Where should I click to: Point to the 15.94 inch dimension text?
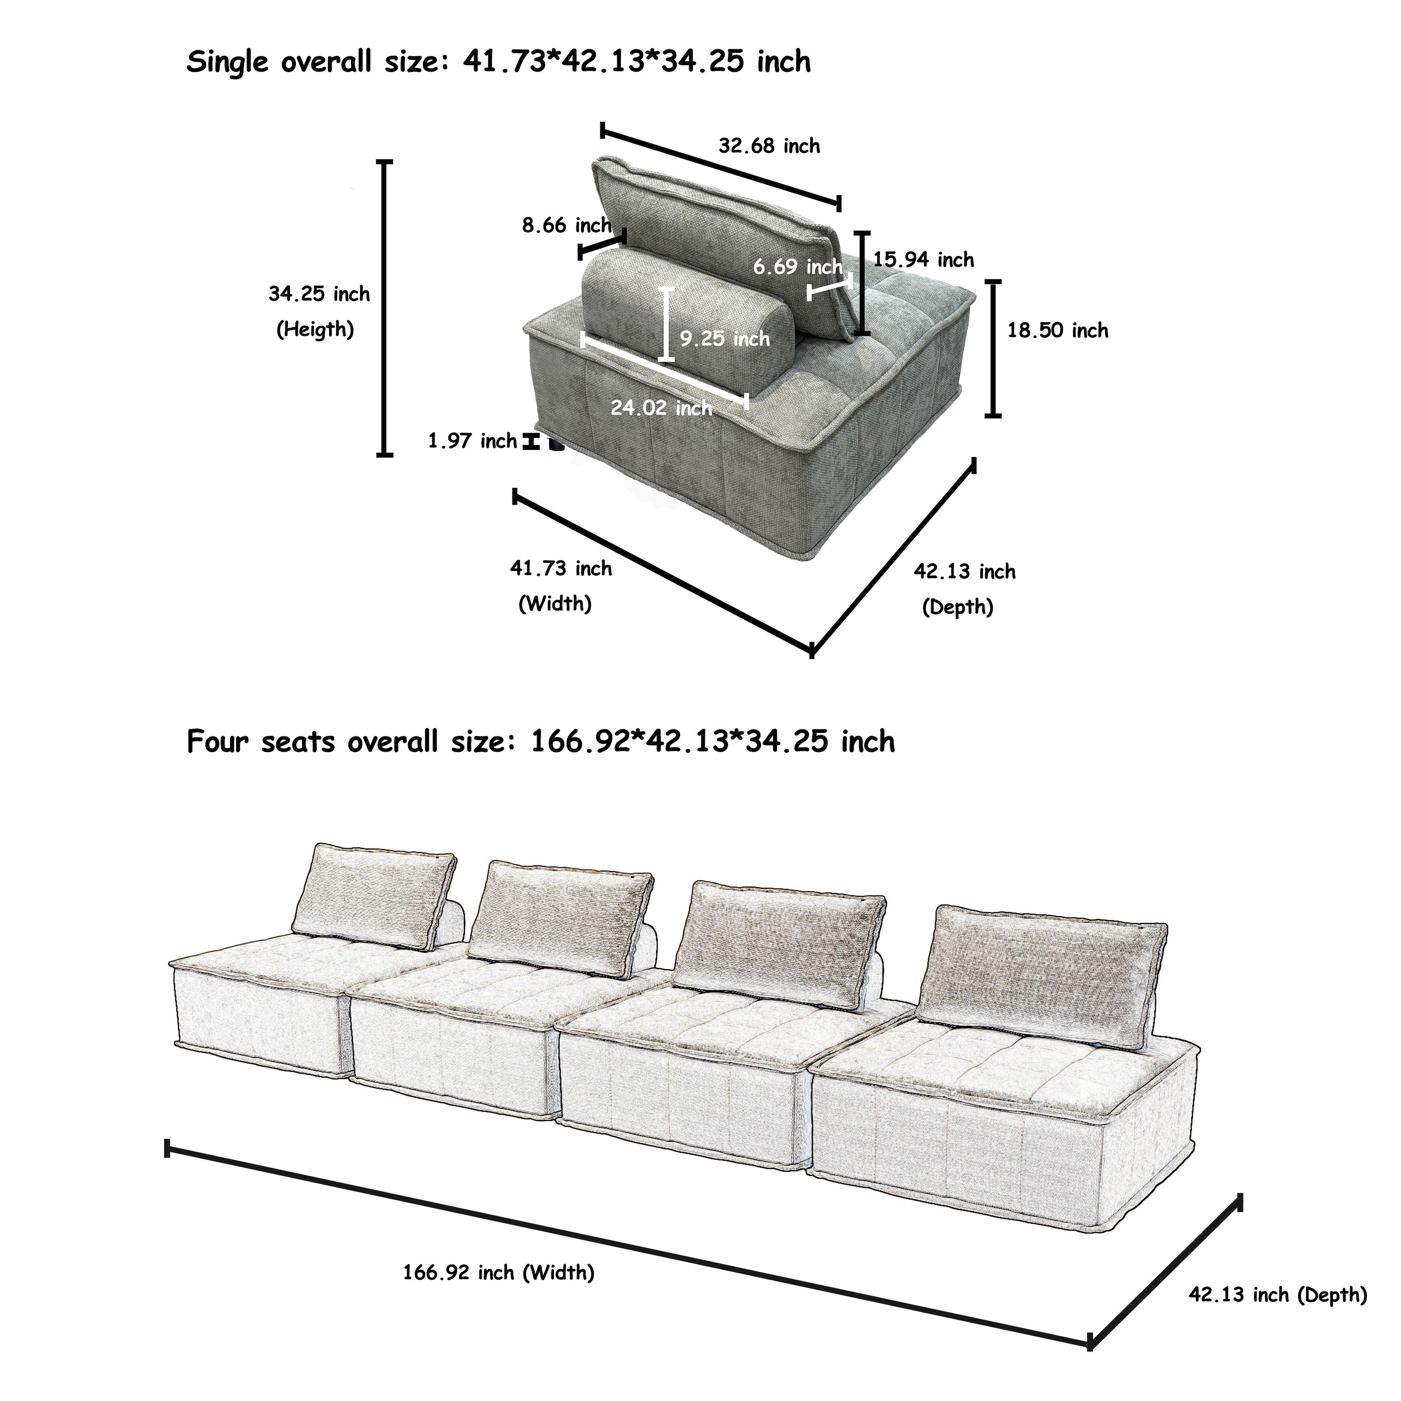tap(923, 260)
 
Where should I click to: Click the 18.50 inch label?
tap(1057, 331)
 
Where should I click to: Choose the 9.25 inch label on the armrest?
tap(725, 339)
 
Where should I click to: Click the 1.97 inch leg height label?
tap(472, 441)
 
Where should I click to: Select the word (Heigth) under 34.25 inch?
tap(315, 330)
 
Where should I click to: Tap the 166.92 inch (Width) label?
tap(499, 1272)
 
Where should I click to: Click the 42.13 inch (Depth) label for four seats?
tap(1278, 1295)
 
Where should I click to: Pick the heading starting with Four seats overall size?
tap(540, 742)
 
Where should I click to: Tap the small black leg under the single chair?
tap(556, 444)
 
